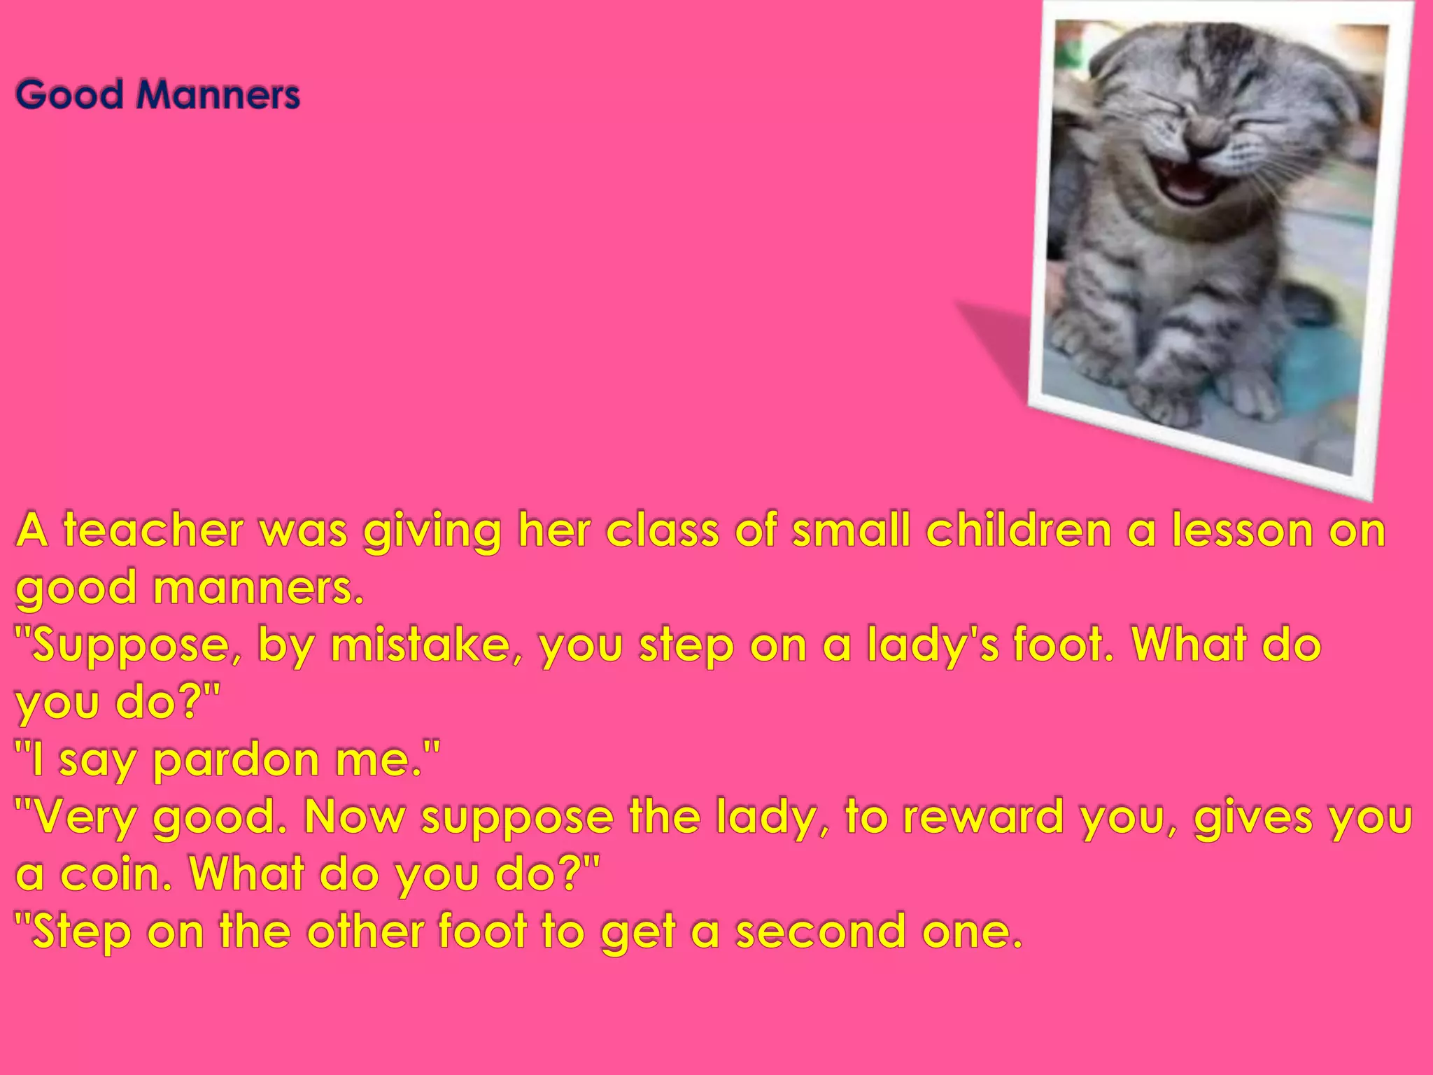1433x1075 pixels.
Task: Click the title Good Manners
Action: click(157, 94)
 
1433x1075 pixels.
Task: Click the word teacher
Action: click(153, 531)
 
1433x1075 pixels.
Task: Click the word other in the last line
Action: click(365, 932)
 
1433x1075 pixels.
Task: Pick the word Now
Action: click(354, 817)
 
